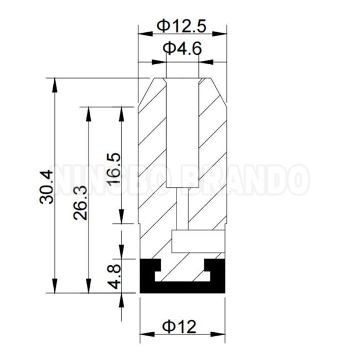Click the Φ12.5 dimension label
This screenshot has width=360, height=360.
[181, 26]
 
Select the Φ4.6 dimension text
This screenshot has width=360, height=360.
[182, 49]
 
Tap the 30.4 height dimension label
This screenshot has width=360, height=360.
[47, 187]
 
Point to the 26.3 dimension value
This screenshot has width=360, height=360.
[80, 203]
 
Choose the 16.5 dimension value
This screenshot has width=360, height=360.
[114, 168]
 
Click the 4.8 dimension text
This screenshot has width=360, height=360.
[115, 276]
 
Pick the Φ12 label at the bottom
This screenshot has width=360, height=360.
[179, 327]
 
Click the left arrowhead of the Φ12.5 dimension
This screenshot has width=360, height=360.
[145, 34]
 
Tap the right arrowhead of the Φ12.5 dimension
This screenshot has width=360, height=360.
[219, 34]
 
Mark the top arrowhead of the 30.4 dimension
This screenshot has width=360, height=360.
[54, 85]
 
